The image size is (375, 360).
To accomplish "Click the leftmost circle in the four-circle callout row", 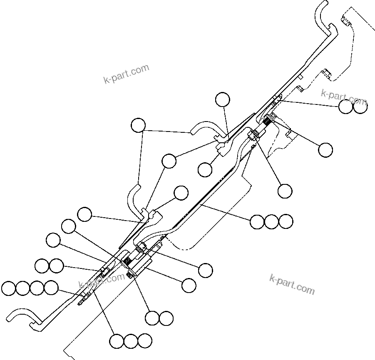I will tap(9, 288).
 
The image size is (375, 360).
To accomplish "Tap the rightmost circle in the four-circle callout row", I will tap(51, 288).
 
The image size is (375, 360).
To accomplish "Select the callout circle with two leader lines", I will tap(138, 125).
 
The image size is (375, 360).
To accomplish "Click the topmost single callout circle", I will tap(222, 99).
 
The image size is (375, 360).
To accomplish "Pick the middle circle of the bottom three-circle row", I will tap(131, 341).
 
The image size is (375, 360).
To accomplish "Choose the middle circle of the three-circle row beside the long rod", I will tap(271, 222).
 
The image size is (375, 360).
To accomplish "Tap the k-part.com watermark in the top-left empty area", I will tap(126, 74).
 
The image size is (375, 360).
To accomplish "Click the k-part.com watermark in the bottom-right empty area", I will tap(292, 284).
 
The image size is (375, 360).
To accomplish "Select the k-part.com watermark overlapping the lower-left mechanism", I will tap(101, 281).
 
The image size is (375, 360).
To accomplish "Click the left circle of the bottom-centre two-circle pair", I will tap(152, 318).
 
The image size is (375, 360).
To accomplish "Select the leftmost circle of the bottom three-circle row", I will tap(117, 341).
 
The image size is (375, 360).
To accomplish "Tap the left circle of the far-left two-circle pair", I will tap(42, 266).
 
